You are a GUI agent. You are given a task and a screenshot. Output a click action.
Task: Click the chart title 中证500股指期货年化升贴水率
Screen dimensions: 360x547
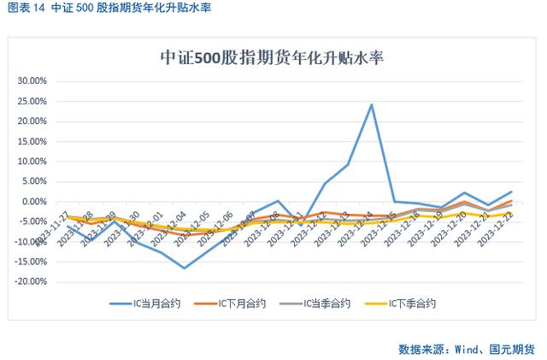pyautogui.click(x=273, y=59)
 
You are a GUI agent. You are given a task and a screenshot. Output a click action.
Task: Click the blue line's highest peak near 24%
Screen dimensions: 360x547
pyautogui.click(x=371, y=105)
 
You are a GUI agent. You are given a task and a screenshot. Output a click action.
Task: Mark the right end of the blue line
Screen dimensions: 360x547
pyautogui.click(x=511, y=192)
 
